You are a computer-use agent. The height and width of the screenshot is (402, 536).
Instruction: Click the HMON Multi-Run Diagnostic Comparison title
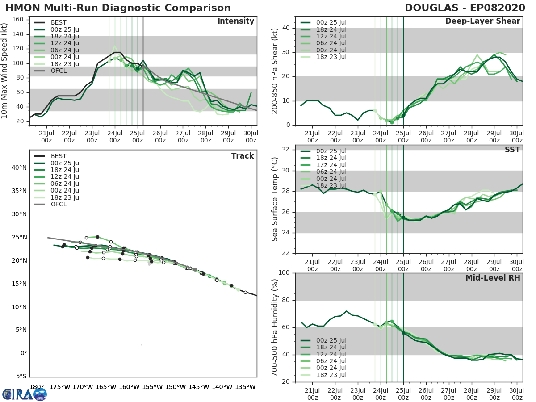coord(118,8)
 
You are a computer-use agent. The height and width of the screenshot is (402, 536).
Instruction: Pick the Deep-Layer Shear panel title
coord(482,21)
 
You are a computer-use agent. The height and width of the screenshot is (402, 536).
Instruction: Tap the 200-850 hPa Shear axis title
coord(276,71)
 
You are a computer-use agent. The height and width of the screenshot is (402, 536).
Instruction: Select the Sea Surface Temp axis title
coord(276,199)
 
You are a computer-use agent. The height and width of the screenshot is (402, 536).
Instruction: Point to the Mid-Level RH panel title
coord(492,278)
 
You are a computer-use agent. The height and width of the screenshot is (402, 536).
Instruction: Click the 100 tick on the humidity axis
coord(286,273)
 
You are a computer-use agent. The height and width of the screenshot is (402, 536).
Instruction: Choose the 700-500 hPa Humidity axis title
coord(276,327)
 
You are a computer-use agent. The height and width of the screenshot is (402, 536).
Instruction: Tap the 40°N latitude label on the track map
coord(19,168)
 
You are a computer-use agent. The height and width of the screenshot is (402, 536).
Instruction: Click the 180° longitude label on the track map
coord(37,387)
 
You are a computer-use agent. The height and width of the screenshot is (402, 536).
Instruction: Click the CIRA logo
coord(24,394)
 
